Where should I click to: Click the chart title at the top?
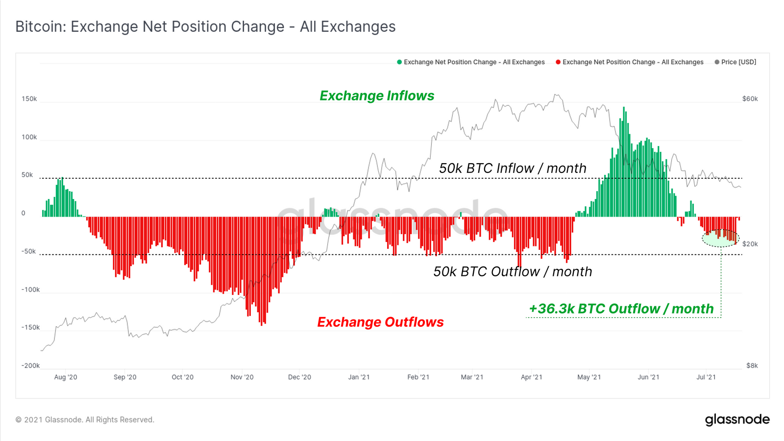205,26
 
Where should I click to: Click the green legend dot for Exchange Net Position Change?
399,62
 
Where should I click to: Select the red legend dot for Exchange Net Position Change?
558,62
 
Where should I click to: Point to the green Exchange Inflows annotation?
377,96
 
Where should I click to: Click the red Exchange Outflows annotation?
380,322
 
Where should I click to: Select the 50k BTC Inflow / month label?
513,168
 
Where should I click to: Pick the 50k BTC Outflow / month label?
513,271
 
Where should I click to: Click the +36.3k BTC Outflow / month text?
621,309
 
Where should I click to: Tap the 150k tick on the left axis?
29,99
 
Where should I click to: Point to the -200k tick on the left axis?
30,366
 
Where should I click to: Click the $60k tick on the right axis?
750,99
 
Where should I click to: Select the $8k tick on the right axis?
752,366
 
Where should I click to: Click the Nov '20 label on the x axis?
242,377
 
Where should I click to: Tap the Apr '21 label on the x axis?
531,377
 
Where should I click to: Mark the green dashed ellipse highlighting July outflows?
720,238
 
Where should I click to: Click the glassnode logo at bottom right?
737,419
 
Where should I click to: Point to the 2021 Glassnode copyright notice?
85,420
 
